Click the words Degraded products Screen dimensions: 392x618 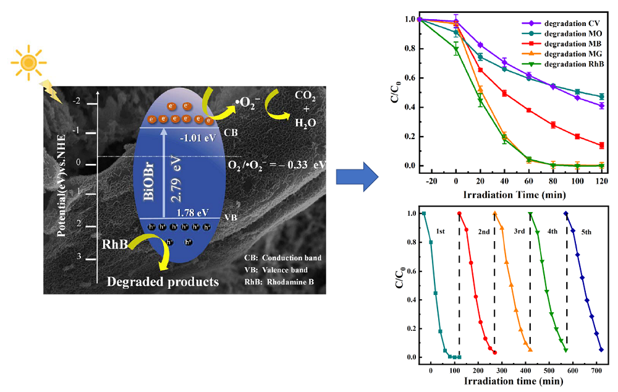163,282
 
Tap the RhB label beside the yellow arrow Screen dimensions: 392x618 116,245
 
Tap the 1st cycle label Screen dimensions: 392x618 441,230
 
